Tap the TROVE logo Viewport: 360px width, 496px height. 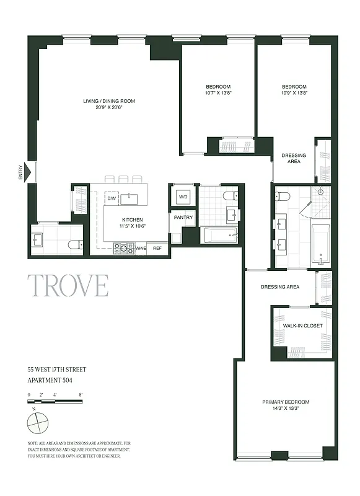click(68, 285)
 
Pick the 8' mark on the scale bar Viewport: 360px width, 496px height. click(81, 394)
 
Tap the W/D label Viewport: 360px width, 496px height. click(183, 197)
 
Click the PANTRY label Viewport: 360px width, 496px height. click(183, 218)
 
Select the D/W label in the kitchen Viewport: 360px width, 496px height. click(113, 198)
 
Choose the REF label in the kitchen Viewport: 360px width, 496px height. click(157, 248)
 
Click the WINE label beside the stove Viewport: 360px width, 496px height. click(141, 248)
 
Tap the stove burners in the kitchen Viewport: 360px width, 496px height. click(123, 248)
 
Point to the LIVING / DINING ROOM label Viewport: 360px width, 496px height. click(109, 101)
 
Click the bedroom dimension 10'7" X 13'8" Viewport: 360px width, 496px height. click(218, 93)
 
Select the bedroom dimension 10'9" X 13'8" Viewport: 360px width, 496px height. click(294, 93)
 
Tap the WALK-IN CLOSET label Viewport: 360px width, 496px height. click(302, 325)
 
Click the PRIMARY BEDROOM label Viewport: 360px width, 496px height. click(286, 402)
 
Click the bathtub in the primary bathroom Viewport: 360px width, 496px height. click(321, 244)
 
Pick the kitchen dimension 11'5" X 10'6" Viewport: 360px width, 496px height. click(133, 226)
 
